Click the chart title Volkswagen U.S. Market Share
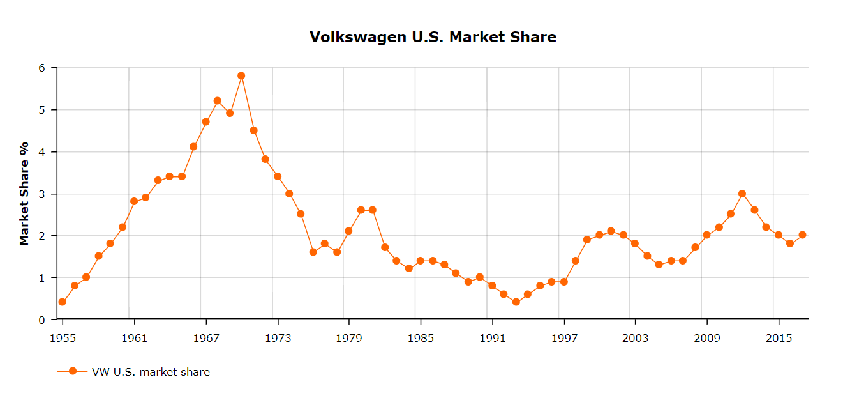(x=433, y=37)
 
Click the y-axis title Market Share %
(x=24, y=193)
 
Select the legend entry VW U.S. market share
(x=151, y=372)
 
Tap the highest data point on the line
(x=241, y=75)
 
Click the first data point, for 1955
(x=62, y=302)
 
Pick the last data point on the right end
(x=802, y=235)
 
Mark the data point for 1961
(x=134, y=201)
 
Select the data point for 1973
(x=278, y=176)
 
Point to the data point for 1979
(x=348, y=231)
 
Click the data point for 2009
(x=706, y=235)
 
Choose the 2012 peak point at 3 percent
(x=742, y=193)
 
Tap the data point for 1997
(x=564, y=282)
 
